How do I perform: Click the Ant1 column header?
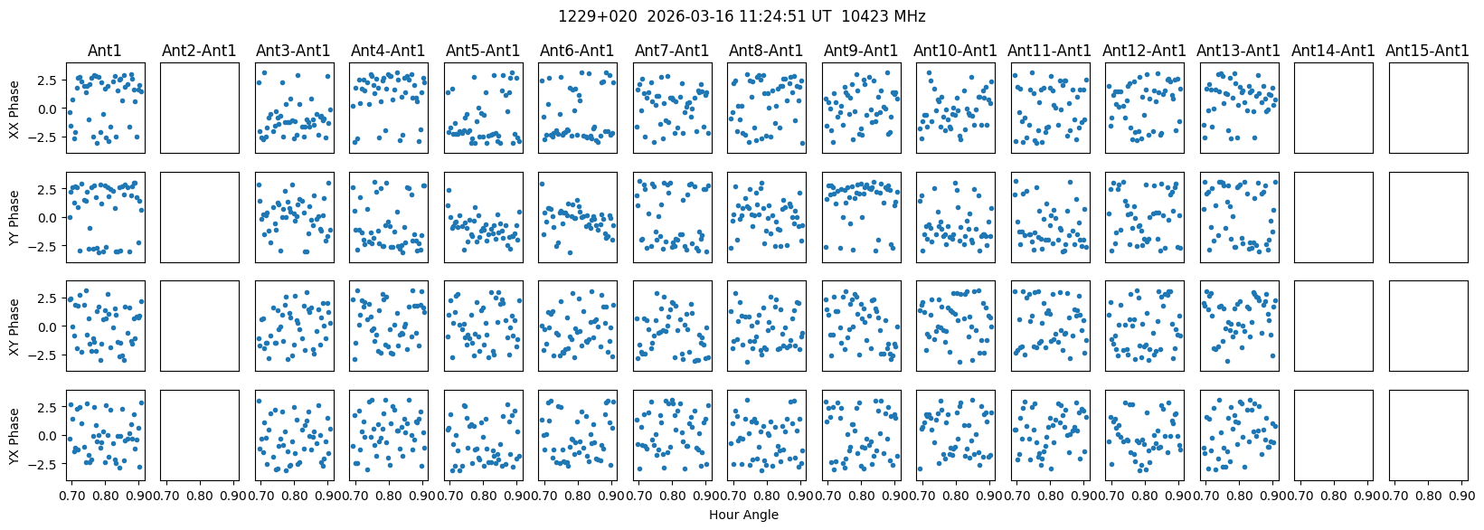coord(104,51)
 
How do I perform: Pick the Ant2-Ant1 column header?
coord(199,51)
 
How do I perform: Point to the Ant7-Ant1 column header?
coord(673,51)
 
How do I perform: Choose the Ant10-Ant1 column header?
coord(955,51)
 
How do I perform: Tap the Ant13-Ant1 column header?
coord(1238,51)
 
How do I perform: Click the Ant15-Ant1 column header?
coord(1427,51)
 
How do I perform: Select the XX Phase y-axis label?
coord(14,109)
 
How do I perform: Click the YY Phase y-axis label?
coord(14,217)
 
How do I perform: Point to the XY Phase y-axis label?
coord(14,326)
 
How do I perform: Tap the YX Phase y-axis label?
coord(14,435)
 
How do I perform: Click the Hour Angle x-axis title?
coord(743,516)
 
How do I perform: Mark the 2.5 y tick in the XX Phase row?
coord(49,80)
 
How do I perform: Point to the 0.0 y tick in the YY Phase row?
coord(49,218)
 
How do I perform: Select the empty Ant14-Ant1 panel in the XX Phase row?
coord(1333,108)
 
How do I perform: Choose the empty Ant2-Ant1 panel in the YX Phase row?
coord(199,435)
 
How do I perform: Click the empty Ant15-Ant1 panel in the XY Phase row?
coord(1427,326)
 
